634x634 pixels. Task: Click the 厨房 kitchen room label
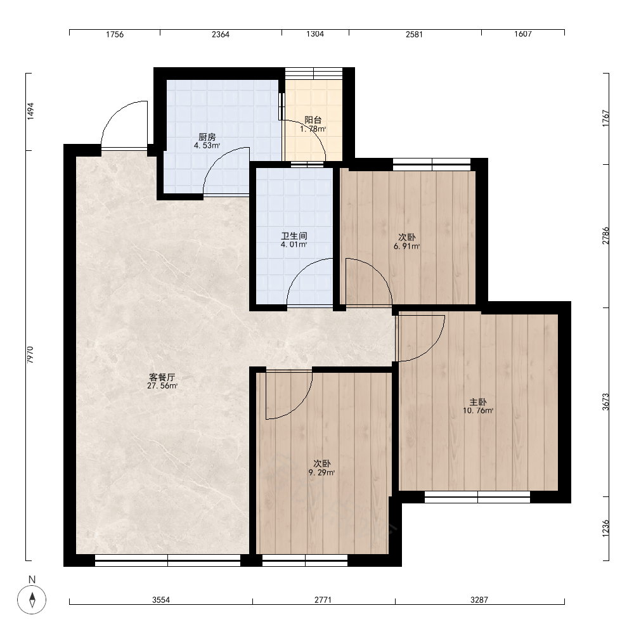pos(207,137)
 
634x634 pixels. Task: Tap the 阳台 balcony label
pos(313,120)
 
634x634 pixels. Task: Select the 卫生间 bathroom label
pos(294,236)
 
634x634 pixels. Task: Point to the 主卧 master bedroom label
pos(478,402)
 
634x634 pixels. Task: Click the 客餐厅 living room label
pos(162,377)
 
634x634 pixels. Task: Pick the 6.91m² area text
pos(407,246)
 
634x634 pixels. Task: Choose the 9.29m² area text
pos(322,472)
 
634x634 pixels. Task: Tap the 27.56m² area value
pos(162,385)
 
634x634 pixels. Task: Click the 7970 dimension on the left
pos(30,354)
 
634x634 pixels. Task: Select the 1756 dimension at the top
pos(115,34)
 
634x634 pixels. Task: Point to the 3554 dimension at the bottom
pos(161,600)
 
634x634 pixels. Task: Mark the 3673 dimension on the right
pos(605,402)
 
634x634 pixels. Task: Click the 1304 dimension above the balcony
pos(315,34)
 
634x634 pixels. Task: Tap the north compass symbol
pos(32,599)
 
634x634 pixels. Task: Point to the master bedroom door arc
pos(433,349)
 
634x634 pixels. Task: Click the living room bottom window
pos(168,560)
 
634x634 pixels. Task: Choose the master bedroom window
pos(477,497)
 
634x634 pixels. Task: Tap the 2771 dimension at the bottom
pos(323,600)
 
